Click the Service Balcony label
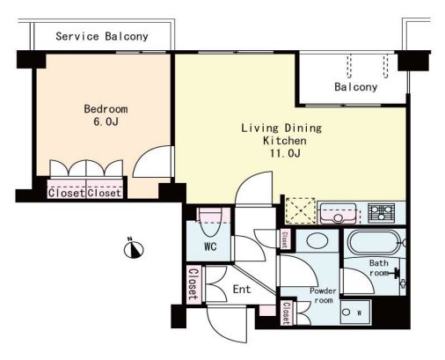click(102, 36)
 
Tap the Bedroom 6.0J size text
click(106, 121)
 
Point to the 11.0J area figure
click(285, 153)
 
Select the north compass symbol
click(134, 248)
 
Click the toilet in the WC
click(210, 222)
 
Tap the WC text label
click(210, 246)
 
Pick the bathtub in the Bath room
click(374, 242)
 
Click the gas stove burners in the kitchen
click(381, 213)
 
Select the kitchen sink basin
click(339, 213)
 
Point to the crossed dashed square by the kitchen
click(301, 211)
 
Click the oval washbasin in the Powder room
click(317, 241)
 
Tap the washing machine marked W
click(355, 312)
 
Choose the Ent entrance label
click(242, 290)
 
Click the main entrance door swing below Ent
click(226, 325)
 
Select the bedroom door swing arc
click(152, 162)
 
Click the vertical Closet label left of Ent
click(193, 284)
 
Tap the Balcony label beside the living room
click(356, 87)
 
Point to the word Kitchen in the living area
click(285, 141)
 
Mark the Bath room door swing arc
click(358, 281)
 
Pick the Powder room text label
click(323, 296)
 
